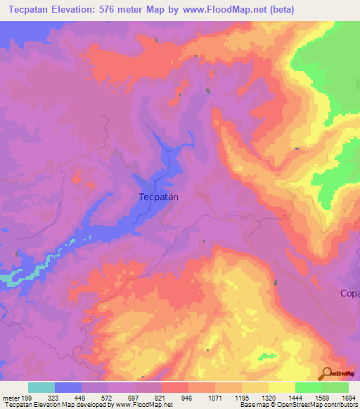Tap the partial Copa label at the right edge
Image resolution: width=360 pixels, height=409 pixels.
[x=349, y=292]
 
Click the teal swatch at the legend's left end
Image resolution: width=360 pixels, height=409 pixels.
[x=41, y=387]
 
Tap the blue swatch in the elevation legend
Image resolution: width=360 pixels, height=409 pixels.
[x=68, y=387]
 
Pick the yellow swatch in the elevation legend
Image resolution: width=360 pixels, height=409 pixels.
[x=282, y=387]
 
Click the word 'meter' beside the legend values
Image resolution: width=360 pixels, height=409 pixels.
[x=11, y=398]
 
